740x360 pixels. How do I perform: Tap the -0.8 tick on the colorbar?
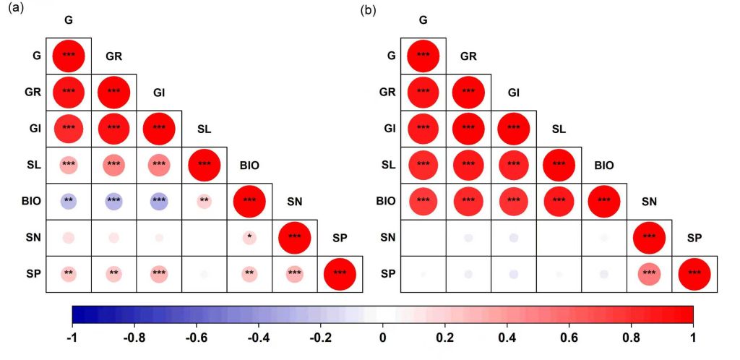[x=134, y=338]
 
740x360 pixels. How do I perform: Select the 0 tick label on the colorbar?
[x=383, y=338]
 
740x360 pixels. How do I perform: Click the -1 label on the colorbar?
[x=73, y=338]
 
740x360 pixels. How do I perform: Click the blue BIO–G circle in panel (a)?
[x=69, y=200]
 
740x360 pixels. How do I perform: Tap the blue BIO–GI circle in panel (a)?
[x=159, y=200]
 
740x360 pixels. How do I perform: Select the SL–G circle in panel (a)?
[x=69, y=164]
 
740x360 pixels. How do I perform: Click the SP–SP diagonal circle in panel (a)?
[x=340, y=273]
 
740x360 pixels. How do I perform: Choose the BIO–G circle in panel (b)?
[x=423, y=200]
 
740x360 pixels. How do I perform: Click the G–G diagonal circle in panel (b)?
[x=423, y=55]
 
